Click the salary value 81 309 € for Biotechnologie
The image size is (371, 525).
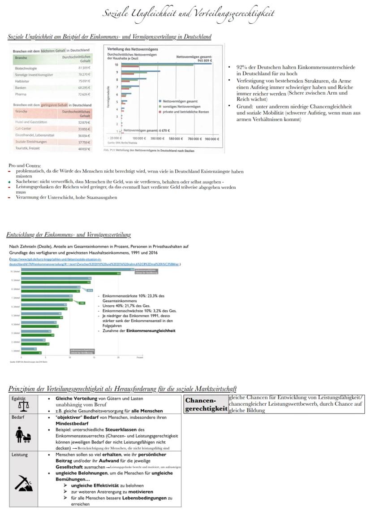pos(84,68)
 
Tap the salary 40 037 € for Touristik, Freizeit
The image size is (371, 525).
pos(84,148)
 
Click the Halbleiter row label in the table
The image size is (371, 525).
pos(22,81)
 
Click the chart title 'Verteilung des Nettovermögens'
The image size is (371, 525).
pos(132,49)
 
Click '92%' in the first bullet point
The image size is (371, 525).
pos(242,67)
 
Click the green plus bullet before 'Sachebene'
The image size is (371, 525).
pos(9,182)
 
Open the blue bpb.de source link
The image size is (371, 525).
pos(94,262)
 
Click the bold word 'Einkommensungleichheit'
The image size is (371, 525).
pos(151,330)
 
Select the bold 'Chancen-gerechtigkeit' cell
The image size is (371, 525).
pos(206,404)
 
